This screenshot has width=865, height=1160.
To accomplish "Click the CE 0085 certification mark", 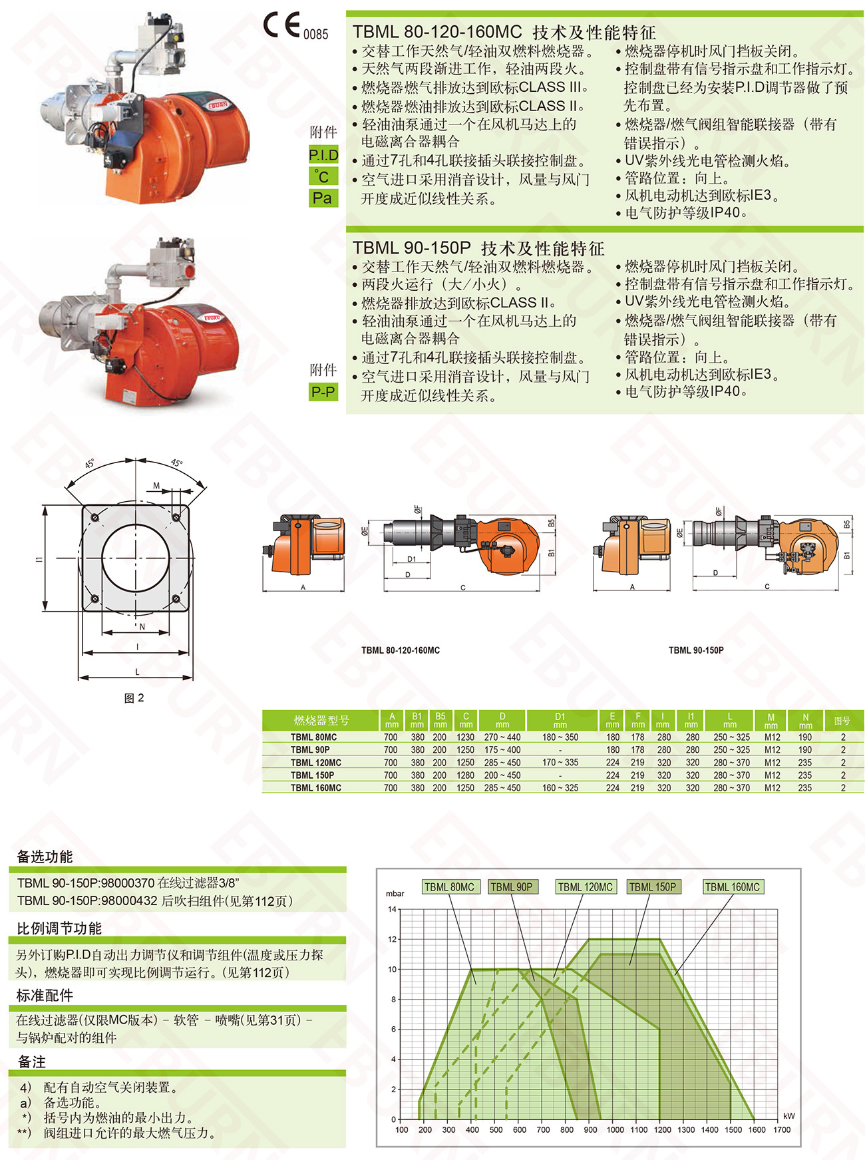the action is [295, 26].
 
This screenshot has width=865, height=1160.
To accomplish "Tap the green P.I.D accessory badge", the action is [323, 155].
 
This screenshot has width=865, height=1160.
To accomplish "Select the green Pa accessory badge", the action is [323, 198].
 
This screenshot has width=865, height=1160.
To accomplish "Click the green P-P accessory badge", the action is [323, 392].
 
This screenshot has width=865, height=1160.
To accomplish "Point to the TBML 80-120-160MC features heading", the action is [504, 32].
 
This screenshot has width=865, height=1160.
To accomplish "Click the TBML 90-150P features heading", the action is [478, 248].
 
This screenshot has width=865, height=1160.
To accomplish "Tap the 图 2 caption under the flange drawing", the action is [134, 697].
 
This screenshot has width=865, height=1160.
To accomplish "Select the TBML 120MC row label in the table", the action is [315, 763].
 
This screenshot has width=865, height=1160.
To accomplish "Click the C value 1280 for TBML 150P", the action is [466, 775].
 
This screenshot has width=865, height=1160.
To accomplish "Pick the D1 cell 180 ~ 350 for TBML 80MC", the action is [560, 737].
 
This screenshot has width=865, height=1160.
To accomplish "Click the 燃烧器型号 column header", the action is [321, 720].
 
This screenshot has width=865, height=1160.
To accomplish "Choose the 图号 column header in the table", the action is [842, 720].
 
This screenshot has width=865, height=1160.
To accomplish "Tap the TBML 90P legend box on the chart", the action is [511, 887].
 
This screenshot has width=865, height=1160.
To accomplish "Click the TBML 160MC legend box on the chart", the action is [732, 887].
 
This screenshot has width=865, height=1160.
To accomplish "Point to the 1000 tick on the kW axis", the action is [615, 1129].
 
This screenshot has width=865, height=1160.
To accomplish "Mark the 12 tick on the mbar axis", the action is [392, 939].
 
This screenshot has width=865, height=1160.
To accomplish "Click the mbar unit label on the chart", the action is [395, 893].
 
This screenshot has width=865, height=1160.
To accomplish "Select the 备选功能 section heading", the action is [45, 857].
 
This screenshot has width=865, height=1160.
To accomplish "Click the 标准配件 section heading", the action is [45, 996].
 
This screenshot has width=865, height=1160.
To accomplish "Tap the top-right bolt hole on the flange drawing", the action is [176, 517].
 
